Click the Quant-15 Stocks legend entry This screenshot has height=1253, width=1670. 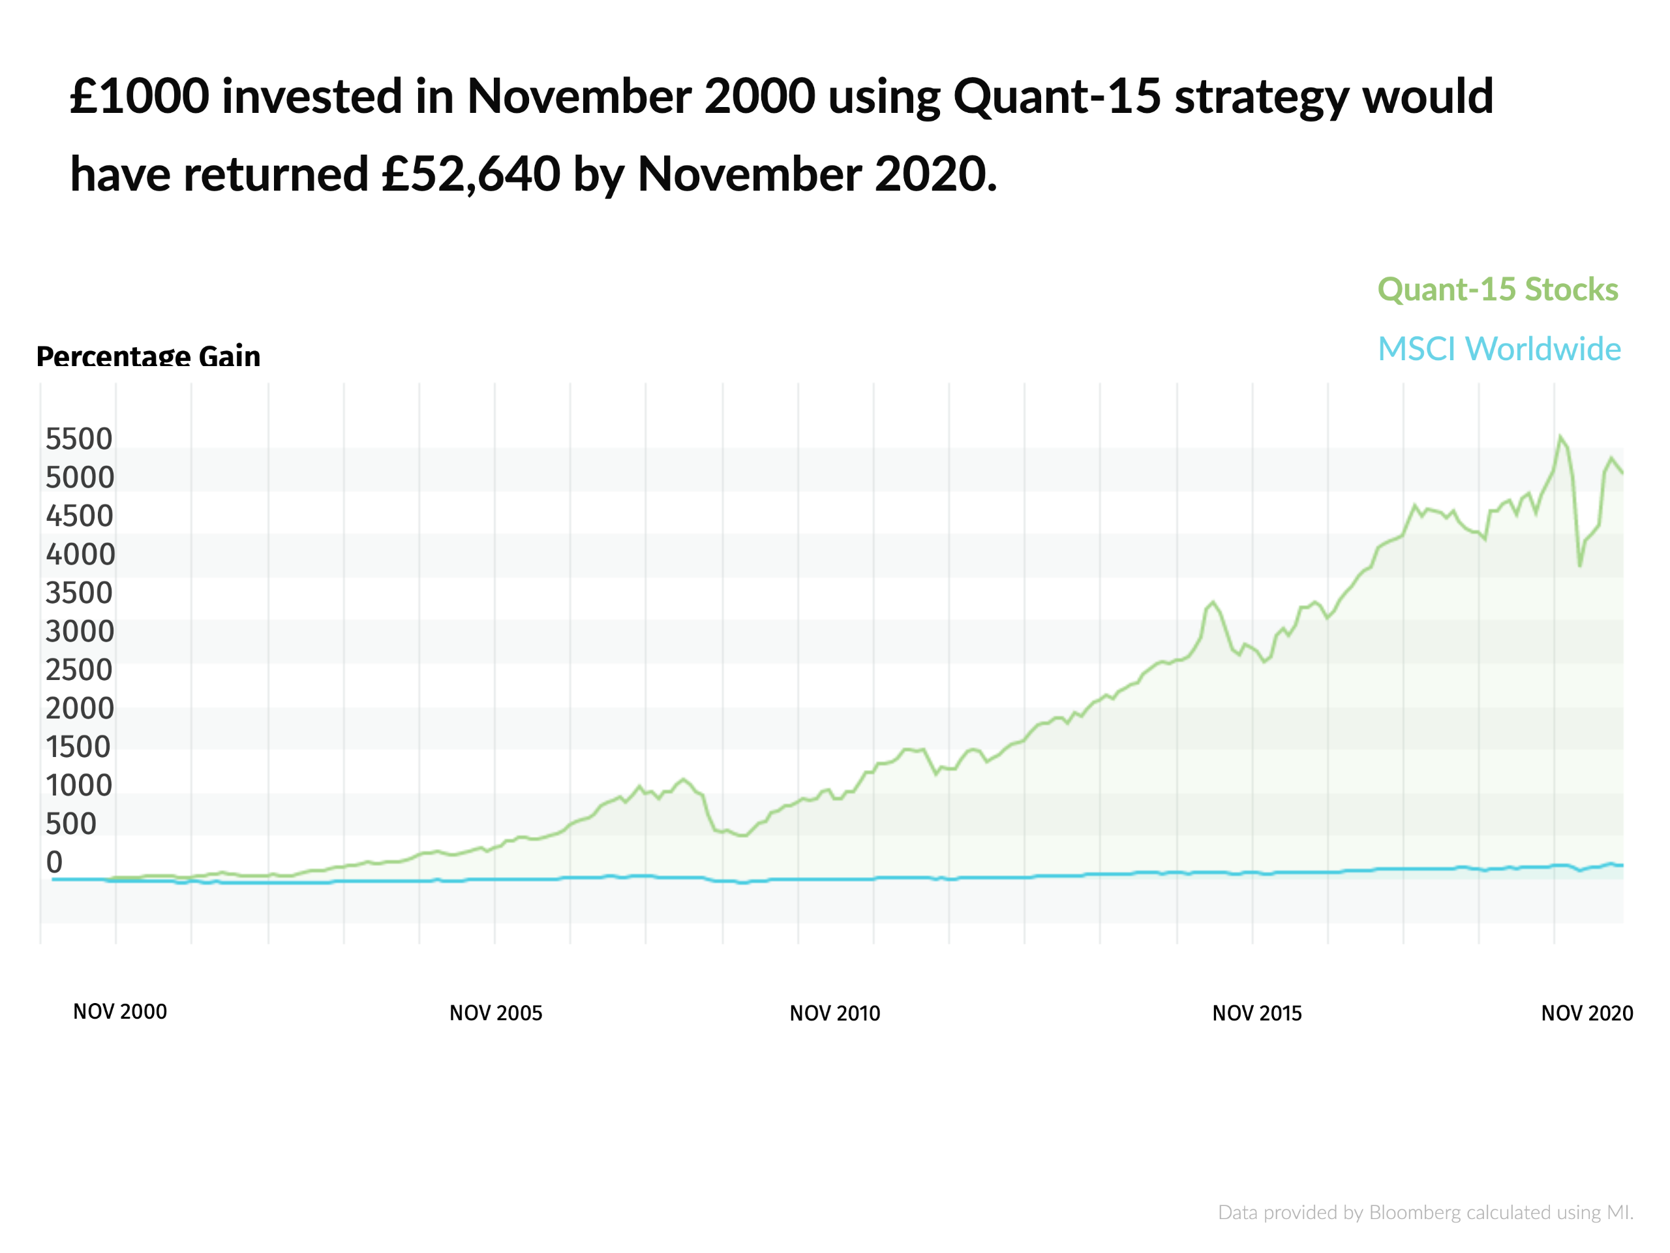(x=1497, y=289)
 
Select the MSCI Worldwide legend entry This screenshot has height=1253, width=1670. (x=1498, y=349)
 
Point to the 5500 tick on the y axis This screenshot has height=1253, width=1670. (x=78, y=439)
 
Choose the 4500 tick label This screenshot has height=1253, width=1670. (x=78, y=516)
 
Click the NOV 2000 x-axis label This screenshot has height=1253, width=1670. (x=119, y=1012)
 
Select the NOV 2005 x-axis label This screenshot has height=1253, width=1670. (x=495, y=1013)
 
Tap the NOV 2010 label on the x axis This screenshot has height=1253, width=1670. (x=834, y=1013)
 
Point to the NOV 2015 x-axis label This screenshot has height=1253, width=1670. (x=1256, y=1013)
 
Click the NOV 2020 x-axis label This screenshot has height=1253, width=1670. (x=1586, y=1013)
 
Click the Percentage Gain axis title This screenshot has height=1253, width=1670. (x=148, y=356)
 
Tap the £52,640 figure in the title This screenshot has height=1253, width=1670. (x=470, y=174)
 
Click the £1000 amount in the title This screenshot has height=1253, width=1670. (x=140, y=97)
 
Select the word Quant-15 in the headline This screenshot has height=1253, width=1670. (x=1056, y=97)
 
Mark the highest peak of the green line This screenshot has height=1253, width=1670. (x=1560, y=437)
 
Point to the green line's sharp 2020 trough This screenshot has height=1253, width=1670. (x=1579, y=565)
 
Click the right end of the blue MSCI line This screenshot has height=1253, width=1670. (x=1622, y=865)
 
